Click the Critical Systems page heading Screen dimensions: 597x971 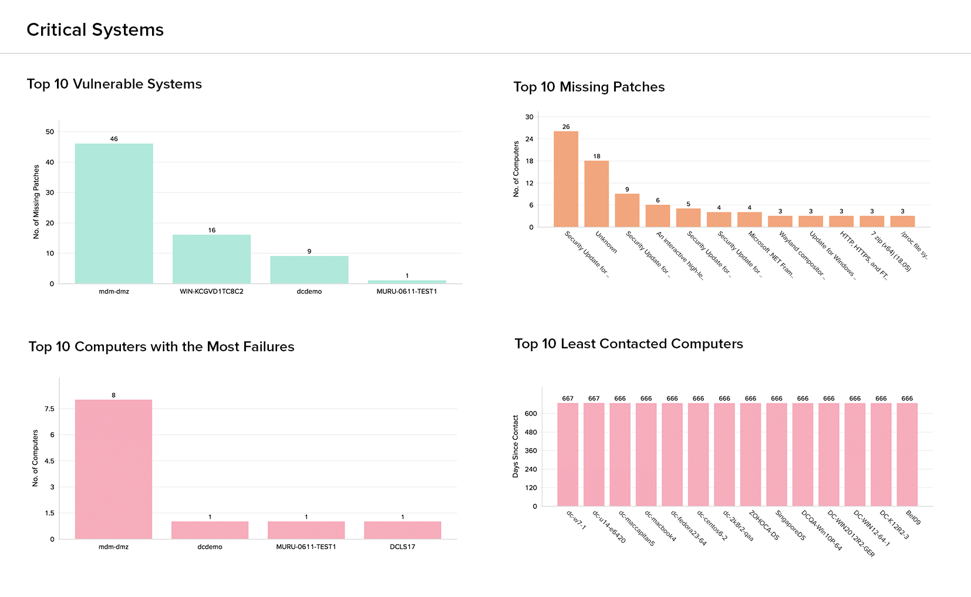point(95,30)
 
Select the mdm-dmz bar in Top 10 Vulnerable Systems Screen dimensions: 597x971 point(114,213)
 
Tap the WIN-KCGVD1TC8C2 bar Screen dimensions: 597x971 point(211,259)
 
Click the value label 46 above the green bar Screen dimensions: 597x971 point(114,139)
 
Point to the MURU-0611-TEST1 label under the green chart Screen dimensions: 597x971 point(407,291)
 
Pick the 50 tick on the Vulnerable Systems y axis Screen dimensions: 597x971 point(50,132)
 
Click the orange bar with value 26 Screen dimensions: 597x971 point(566,179)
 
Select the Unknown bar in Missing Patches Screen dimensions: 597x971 point(596,194)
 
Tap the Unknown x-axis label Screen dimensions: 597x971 point(606,242)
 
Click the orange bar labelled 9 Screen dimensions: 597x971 point(627,210)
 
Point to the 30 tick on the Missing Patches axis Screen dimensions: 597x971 point(530,117)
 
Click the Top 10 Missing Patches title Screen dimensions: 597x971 point(589,87)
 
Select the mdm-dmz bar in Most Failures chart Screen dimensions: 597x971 point(113,469)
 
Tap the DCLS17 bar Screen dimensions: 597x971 point(402,530)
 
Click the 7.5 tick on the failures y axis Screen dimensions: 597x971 point(49,409)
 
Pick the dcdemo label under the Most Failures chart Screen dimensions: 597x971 point(210,547)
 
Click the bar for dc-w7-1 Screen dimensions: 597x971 point(568,454)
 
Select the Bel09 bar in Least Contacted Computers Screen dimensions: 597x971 point(907,454)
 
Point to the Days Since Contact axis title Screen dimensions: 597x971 point(515,446)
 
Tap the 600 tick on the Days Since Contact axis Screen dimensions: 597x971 point(531,413)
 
